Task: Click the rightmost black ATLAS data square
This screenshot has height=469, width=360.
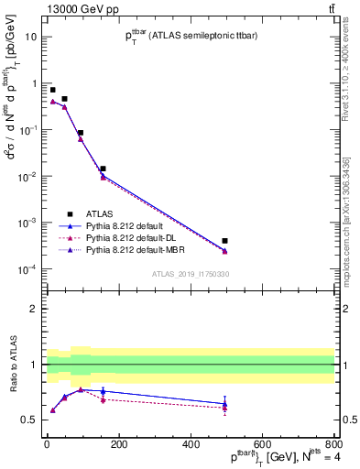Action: pos(224,241)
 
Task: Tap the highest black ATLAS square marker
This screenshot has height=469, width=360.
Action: pos(52,90)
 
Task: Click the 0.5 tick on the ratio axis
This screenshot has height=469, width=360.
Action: pos(34,420)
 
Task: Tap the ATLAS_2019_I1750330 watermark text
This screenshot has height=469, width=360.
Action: pos(190,273)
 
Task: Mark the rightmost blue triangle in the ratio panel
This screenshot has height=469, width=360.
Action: pos(224,403)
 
